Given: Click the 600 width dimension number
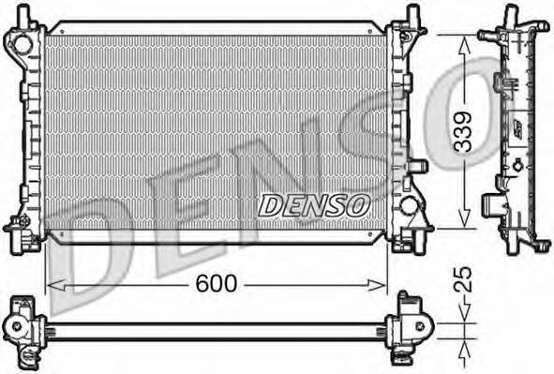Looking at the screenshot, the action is [x=217, y=284].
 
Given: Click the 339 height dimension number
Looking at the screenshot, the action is [x=463, y=132].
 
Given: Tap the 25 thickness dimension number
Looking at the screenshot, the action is [x=463, y=279].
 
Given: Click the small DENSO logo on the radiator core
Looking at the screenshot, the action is [x=314, y=205].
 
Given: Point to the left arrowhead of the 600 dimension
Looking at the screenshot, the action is [x=56, y=285].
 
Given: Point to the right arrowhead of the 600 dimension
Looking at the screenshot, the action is [x=377, y=285].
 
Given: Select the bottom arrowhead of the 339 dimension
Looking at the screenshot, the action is [x=464, y=218].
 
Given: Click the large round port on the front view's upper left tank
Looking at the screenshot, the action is [x=22, y=45].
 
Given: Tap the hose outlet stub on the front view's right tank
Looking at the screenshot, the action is [x=418, y=166].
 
